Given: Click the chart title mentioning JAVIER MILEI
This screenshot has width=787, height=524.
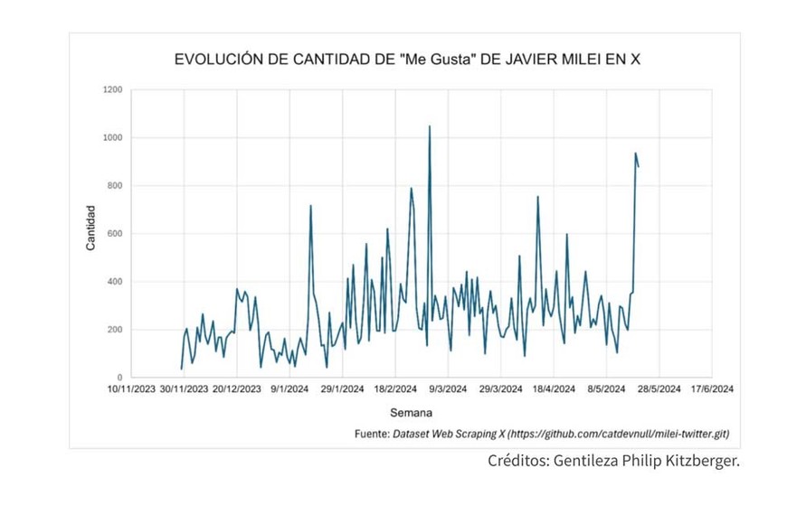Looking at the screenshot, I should pyautogui.click(x=407, y=61).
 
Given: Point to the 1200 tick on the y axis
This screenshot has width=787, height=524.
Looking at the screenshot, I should pyautogui.click(x=112, y=90).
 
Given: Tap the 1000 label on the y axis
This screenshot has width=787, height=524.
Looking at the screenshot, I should pyautogui.click(x=112, y=138).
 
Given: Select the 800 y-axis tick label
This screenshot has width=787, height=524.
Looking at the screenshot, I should pyautogui.click(x=115, y=186).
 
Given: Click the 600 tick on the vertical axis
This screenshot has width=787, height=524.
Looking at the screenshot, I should pyautogui.click(x=115, y=234).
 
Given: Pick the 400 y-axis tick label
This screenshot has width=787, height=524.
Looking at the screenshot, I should pyautogui.click(x=115, y=282).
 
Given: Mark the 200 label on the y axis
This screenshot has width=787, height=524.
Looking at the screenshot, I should pyautogui.click(x=115, y=330).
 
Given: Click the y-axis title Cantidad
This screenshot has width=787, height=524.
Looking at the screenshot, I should pyautogui.click(x=90, y=229).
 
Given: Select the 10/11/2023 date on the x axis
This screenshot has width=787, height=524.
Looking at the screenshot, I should pyautogui.click(x=131, y=390).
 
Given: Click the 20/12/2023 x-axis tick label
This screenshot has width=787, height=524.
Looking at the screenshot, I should pyautogui.click(x=237, y=390).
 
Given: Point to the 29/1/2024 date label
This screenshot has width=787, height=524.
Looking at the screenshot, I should pyautogui.click(x=344, y=390).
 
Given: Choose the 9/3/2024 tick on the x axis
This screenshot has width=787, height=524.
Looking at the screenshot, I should pyautogui.click(x=449, y=390).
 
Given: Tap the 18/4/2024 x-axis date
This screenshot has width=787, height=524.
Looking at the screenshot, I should pyautogui.click(x=554, y=390).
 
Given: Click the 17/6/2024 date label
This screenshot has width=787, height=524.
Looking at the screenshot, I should pyautogui.click(x=712, y=390).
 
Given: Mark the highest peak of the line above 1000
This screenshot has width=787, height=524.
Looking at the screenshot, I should pyautogui.click(x=429, y=126).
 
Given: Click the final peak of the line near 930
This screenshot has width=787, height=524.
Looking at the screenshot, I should pyautogui.click(x=635, y=154).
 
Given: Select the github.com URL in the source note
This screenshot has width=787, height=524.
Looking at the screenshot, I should pyautogui.click(x=618, y=435).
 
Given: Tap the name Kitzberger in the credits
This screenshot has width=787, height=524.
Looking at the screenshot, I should pyautogui.click(x=699, y=462).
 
